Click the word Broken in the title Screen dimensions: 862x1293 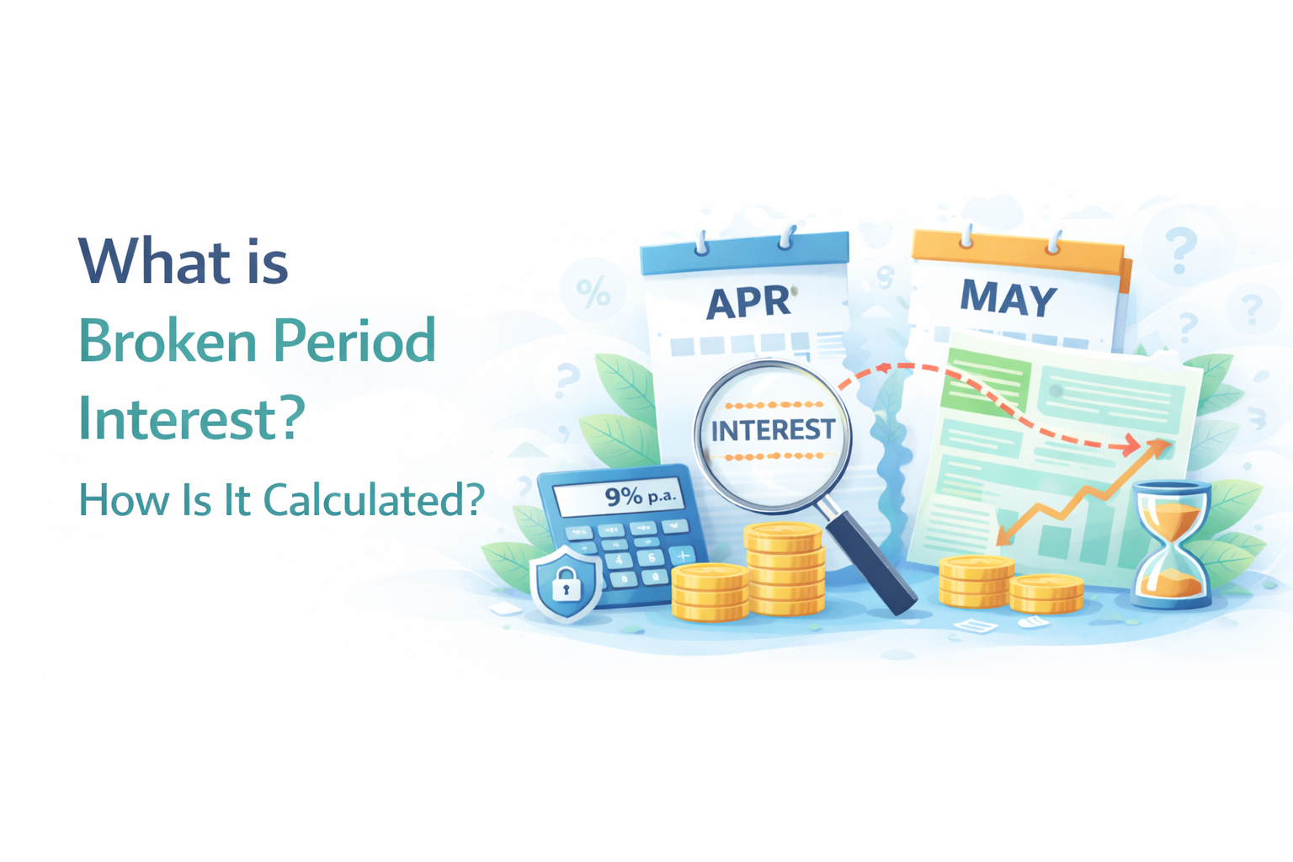coord(168,342)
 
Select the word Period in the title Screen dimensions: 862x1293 coord(354,342)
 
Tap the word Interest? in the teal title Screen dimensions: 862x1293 coord(191,419)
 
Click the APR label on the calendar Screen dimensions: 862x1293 coord(748,302)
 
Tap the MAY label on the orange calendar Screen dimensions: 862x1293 coord(1008,298)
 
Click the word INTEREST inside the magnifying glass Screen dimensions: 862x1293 coord(773,430)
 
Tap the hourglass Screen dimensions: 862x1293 coord(1171,544)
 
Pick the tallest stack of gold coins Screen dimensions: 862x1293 coord(784,569)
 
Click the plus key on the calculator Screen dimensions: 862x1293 coord(682,556)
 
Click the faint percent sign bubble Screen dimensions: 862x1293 coord(593,293)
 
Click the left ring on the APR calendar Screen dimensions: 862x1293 coord(700,244)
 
